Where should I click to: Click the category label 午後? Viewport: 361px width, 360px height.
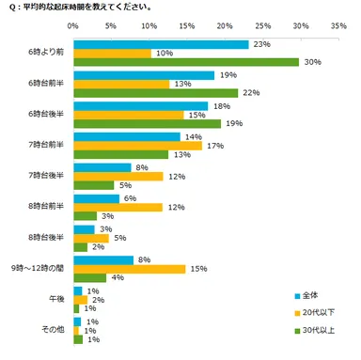55,300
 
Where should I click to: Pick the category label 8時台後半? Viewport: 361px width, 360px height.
47,238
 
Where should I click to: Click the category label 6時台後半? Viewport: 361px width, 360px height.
47,115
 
